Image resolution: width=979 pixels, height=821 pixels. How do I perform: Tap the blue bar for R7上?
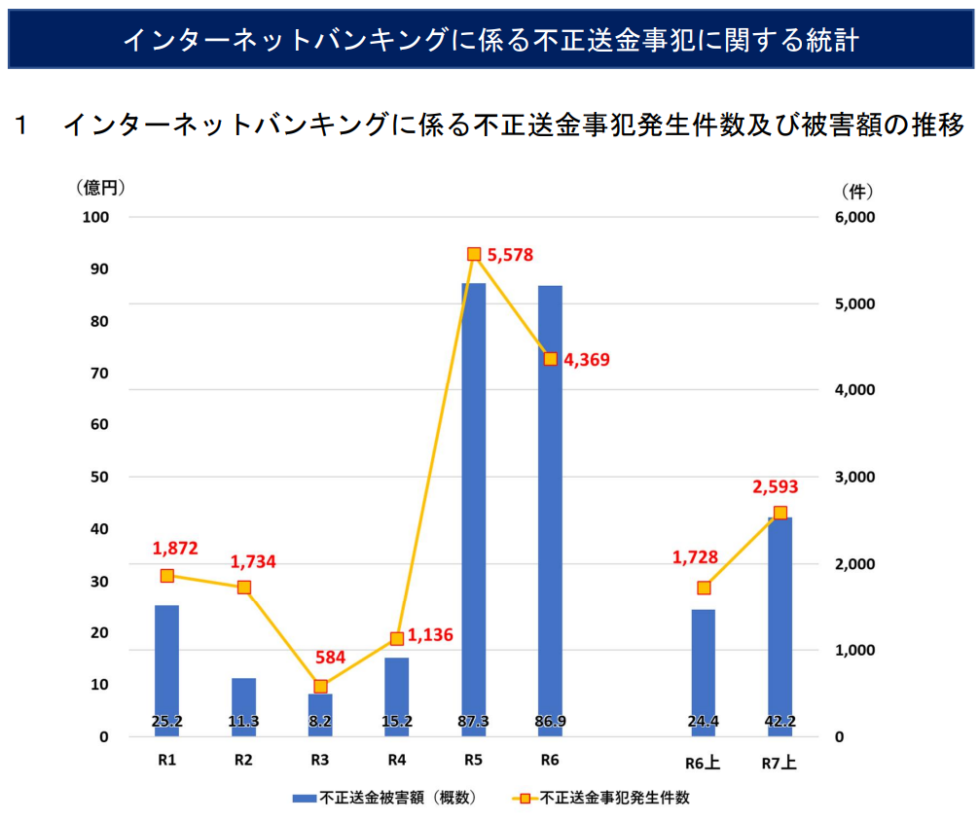point(780,623)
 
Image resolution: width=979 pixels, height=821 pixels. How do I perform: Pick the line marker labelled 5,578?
point(474,254)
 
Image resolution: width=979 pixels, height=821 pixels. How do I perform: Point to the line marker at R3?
point(321,687)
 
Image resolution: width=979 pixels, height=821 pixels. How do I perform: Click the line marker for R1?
point(167,576)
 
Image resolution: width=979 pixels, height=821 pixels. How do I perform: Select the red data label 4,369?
point(587,360)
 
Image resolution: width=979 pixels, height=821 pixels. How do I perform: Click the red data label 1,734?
point(253,561)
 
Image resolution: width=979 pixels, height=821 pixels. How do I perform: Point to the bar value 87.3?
point(473,722)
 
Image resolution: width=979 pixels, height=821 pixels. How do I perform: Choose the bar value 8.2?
point(320,722)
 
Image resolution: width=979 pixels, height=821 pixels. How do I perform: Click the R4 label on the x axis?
point(397,760)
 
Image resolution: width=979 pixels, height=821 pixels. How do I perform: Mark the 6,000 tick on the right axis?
point(856,217)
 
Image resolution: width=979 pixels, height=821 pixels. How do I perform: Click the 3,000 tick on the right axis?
point(856,477)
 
